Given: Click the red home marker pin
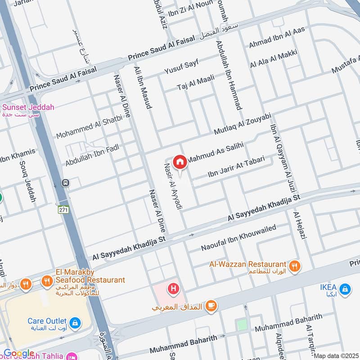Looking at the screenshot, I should point(180,162).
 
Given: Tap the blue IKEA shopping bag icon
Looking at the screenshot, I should point(345,288).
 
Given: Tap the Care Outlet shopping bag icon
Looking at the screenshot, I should point(76,323).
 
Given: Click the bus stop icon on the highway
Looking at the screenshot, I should point(66,183).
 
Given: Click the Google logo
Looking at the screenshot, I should point(18,354).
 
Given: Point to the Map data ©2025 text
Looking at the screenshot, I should point(336,355).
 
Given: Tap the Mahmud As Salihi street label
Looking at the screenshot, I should point(215,153).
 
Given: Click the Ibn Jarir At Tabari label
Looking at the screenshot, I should point(240,167).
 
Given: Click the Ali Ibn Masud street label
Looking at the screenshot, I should point(142,87).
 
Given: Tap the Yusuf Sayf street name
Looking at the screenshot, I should point(181,67).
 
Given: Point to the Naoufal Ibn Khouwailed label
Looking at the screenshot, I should point(238,238).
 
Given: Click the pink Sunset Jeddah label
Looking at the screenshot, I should point(28,108).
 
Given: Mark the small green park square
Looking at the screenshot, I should point(242,324).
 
